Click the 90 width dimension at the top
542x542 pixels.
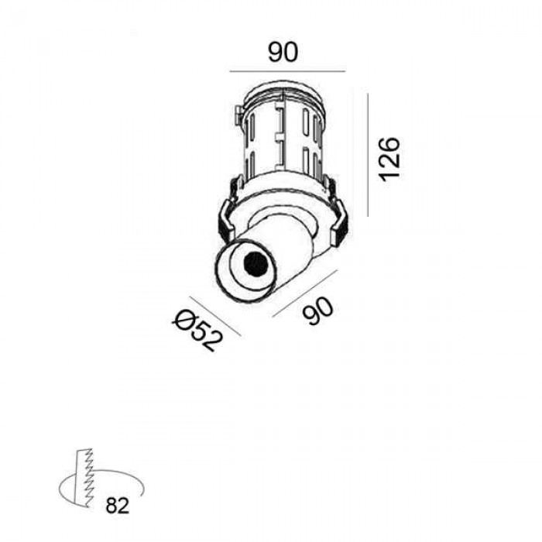[x=283, y=52]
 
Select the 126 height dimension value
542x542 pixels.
[x=389, y=159]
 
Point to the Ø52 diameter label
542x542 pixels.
[x=197, y=330]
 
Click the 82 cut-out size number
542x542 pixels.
[x=117, y=506]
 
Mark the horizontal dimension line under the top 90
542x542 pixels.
[x=287, y=71]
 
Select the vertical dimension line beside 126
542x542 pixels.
[x=368, y=155]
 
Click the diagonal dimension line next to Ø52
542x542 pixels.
[x=214, y=316]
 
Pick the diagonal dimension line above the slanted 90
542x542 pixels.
[x=304, y=293]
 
